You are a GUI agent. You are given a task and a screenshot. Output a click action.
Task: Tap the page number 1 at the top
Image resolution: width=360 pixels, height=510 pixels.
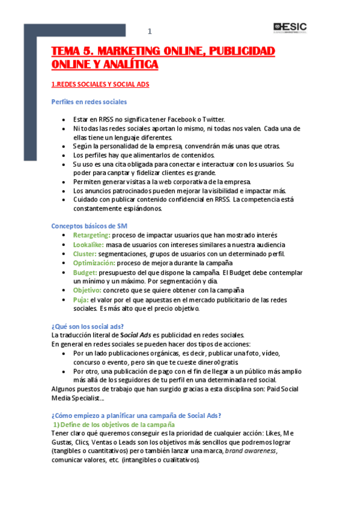[x=150, y=31]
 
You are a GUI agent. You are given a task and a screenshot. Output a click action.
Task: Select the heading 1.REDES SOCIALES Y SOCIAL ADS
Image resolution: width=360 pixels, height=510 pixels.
[x=100, y=85]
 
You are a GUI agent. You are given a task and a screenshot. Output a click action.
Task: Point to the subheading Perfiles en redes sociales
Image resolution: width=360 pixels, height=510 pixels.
[x=89, y=102]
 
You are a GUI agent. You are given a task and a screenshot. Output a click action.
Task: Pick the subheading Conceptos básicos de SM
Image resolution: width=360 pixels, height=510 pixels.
[x=89, y=226]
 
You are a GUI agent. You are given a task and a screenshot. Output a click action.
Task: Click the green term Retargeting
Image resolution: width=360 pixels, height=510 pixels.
[x=91, y=235]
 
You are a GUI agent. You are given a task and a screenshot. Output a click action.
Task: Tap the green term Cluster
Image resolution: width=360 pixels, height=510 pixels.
[x=85, y=254]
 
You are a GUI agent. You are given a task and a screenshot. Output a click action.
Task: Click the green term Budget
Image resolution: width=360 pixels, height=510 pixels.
[x=84, y=272]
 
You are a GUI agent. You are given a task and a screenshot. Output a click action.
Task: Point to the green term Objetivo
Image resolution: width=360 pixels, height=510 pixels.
[x=87, y=290]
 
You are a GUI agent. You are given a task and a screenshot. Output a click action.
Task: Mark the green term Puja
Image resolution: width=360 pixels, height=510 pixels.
[x=81, y=300]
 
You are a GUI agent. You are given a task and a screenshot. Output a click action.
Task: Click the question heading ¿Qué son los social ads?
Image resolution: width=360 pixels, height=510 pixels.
[x=88, y=327]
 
